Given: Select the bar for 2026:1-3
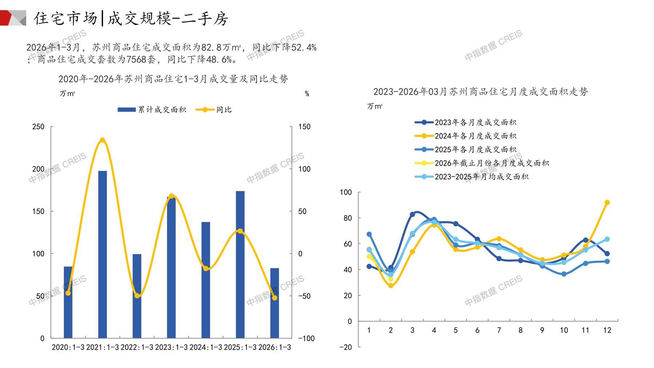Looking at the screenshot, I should (x=274, y=303).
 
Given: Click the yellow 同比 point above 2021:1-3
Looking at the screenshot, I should (x=103, y=140).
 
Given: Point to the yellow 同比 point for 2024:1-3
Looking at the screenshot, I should (x=206, y=269).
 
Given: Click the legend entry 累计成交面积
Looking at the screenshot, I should (x=152, y=110).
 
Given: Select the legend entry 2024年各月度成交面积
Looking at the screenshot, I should (x=466, y=136).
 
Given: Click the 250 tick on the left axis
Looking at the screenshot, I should (x=38, y=127).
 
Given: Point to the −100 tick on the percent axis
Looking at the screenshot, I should (x=306, y=338).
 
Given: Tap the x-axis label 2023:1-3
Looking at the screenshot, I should (x=171, y=347).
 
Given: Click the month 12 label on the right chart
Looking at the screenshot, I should (x=607, y=330).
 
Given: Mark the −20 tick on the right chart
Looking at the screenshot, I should (x=346, y=347).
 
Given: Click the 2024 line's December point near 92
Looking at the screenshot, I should (x=607, y=203).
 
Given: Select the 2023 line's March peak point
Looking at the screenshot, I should (x=412, y=214).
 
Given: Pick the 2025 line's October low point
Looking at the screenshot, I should (x=564, y=274).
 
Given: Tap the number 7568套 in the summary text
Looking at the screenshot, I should (x=141, y=59).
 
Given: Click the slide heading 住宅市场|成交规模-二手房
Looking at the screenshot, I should (x=131, y=18).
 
